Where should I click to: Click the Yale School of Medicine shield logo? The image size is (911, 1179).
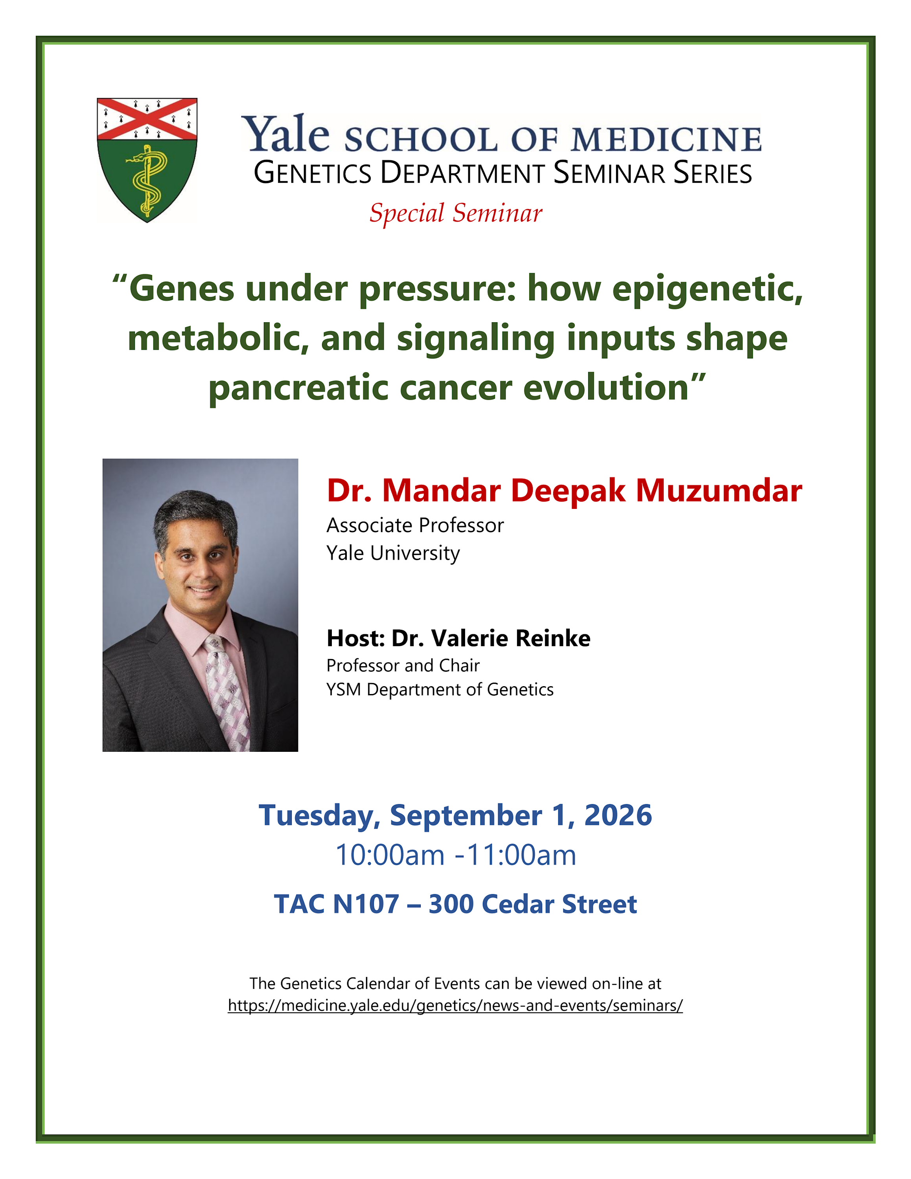(x=147, y=160)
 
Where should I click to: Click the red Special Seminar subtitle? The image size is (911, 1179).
(x=456, y=213)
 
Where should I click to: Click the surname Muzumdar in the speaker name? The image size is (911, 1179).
(x=719, y=491)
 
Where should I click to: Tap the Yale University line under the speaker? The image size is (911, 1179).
(x=393, y=553)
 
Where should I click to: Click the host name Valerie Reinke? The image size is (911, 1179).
(x=511, y=638)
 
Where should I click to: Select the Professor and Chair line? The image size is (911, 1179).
(x=403, y=666)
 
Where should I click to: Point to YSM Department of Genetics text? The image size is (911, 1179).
(x=440, y=689)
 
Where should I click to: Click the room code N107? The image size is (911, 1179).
(x=366, y=904)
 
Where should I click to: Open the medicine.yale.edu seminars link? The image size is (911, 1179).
(x=455, y=1005)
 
